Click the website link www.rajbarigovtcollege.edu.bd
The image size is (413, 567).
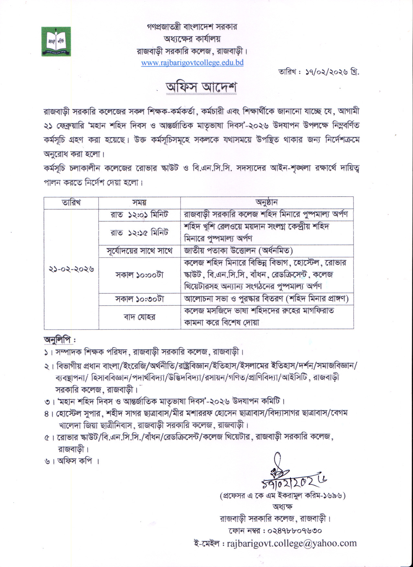pyautogui.click(x=192, y=62)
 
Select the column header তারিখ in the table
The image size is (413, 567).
pyautogui.click(x=71, y=202)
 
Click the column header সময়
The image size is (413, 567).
pyautogui.click(x=139, y=202)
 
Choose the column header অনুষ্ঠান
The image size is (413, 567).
pyautogui.click(x=267, y=202)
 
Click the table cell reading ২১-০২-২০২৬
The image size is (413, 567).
pyautogui.click(x=72, y=269)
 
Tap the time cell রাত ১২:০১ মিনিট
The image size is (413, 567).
pyautogui.click(x=139, y=215)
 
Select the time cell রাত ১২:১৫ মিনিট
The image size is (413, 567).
pyautogui.click(x=139, y=233)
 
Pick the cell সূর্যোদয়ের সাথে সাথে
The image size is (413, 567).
pyautogui.click(x=139, y=251)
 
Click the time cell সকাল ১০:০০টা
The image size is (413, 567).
pyautogui.click(x=139, y=275)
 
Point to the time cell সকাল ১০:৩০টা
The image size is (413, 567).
pyautogui.click(x=139, y=299)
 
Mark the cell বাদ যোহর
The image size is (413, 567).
pyautogui.click(x=139, y=317)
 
